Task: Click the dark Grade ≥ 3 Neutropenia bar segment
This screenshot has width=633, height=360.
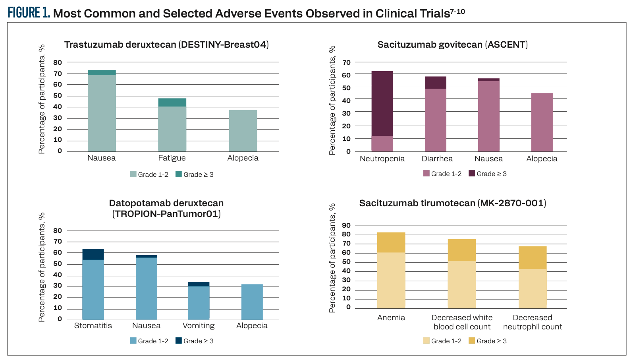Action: (382, 103)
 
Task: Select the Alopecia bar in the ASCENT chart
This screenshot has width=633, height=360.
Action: (542, 122)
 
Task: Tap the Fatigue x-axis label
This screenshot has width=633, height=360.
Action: (172, 158)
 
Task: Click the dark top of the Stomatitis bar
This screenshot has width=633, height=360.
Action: (93, 254)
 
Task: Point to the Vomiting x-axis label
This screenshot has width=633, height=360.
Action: (199, 325)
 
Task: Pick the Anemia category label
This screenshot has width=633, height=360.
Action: (391, 317)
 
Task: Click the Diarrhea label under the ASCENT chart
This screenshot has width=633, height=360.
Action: (437, 159)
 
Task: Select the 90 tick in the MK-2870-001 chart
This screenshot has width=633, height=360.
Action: (346, 226)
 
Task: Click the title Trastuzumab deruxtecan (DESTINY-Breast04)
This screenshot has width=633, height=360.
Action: (166, 45)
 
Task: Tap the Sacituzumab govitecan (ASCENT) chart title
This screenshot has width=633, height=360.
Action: (452, 45)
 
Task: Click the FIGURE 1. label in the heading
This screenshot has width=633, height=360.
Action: (29, 13)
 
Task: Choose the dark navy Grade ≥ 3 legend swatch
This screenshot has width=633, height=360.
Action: (179, 341)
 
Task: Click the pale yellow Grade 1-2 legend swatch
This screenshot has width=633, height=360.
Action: (427, 341)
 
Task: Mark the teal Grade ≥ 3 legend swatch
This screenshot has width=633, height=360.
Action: (179, 174)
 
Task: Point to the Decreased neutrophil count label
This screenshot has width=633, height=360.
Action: (533, 322)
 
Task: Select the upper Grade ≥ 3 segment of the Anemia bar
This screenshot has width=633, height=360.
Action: (391, 242)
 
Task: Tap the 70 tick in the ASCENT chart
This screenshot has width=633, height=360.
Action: (346, 62)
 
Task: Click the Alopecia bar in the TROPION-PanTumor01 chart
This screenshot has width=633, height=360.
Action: (252, 302)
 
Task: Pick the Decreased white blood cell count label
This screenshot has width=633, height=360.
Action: (462, 322)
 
